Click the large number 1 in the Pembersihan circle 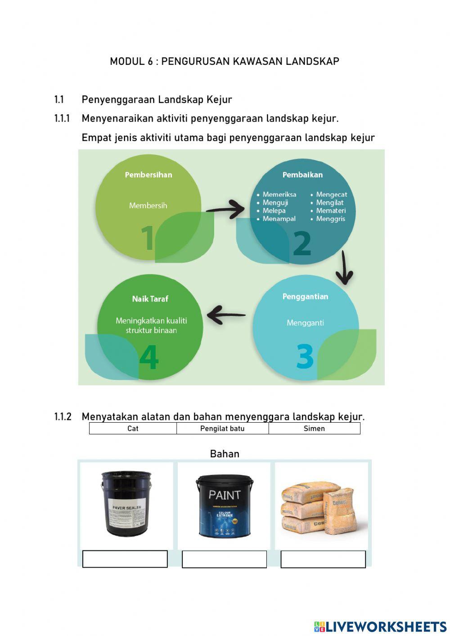[x=148, y=238]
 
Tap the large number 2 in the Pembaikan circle [x=301, y=244]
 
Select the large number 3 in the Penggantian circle [x=305, y=356]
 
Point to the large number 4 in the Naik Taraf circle [x=149, y=357]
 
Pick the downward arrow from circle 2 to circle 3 [x=344, y=268]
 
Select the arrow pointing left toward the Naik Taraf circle [x=226, y=315]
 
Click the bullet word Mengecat [x=331, y=194]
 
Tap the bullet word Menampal [x=279, y=219]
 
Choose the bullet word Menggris [x=330, y=219]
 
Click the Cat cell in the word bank [x=133, y=429]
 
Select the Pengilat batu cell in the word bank [x=222, y=429]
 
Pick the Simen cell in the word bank [x=314, y=429]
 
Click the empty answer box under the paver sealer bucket [x=125, y=559]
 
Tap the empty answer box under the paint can [x=224, y=559]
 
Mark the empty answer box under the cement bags [x=323, y=559]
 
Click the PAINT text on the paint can [x=224, y=495]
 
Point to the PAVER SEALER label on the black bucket [x=126, y=508]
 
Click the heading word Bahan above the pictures [x=225, y=454]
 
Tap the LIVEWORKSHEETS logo [x=380, y=627]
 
